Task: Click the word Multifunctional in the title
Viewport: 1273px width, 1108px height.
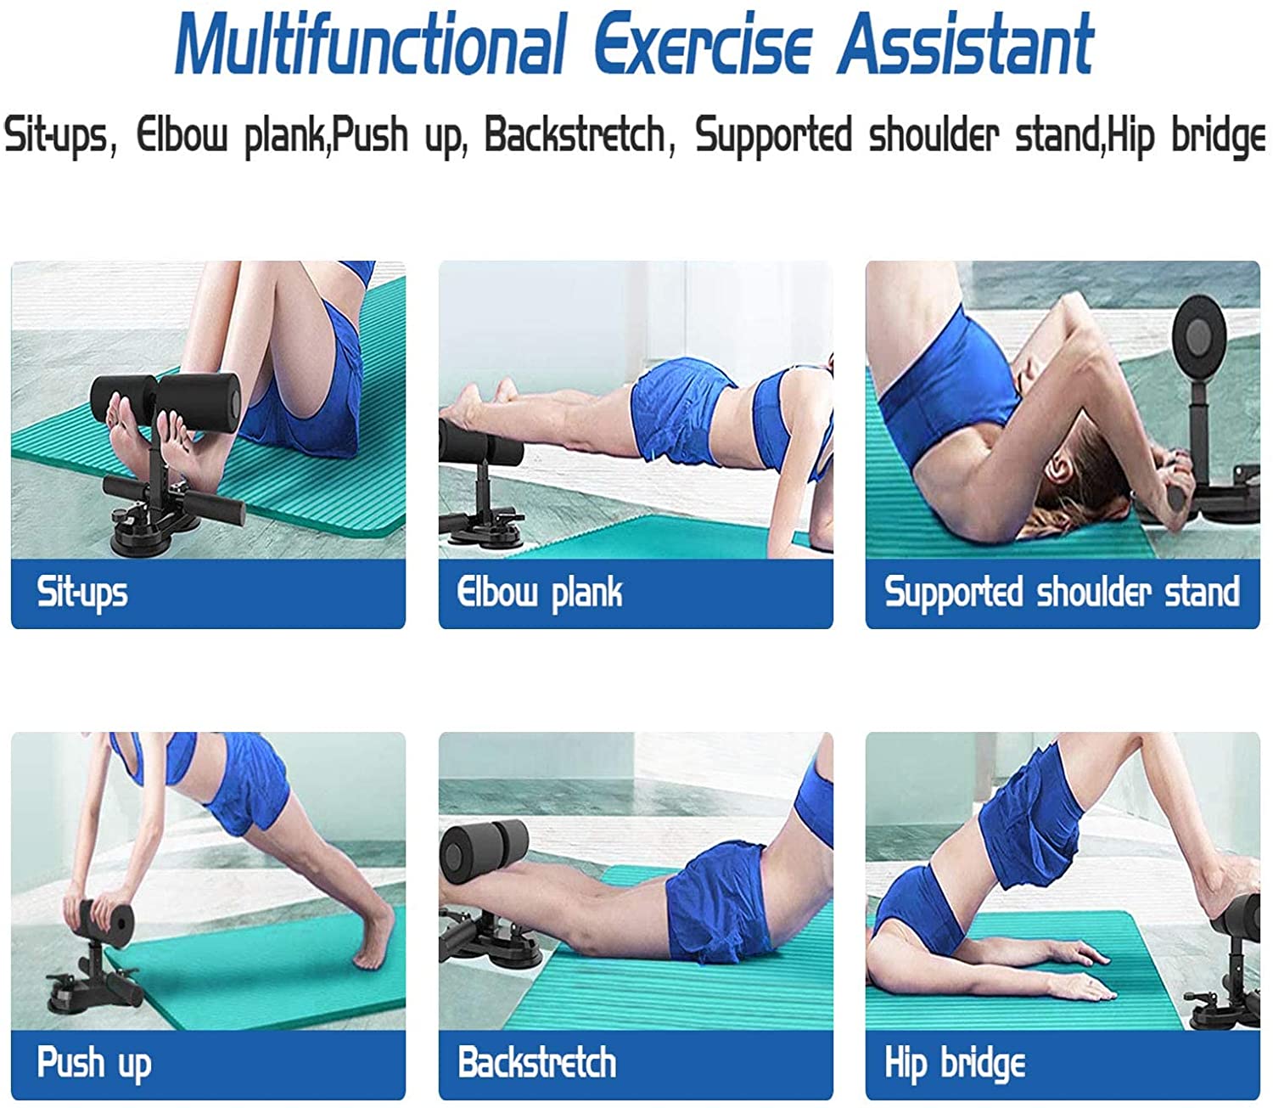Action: (x=370, y=44)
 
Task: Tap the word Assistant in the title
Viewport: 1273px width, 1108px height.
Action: (x=966, y=44)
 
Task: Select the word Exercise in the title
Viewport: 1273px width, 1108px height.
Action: (x=702, y=44)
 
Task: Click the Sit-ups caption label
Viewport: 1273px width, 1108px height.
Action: (x=82, y=593)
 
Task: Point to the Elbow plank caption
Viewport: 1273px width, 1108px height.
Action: (x=540, y=593)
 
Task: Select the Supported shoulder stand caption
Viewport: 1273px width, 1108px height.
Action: (x=1062, y=593)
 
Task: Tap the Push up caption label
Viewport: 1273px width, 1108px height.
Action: (x=94, y=1063)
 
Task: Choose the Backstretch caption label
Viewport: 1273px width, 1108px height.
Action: (x=537, y=1063)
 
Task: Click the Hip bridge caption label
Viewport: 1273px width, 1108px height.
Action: (x=955, y=1063)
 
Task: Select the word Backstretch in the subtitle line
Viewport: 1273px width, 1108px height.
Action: (x=575, y=136)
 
